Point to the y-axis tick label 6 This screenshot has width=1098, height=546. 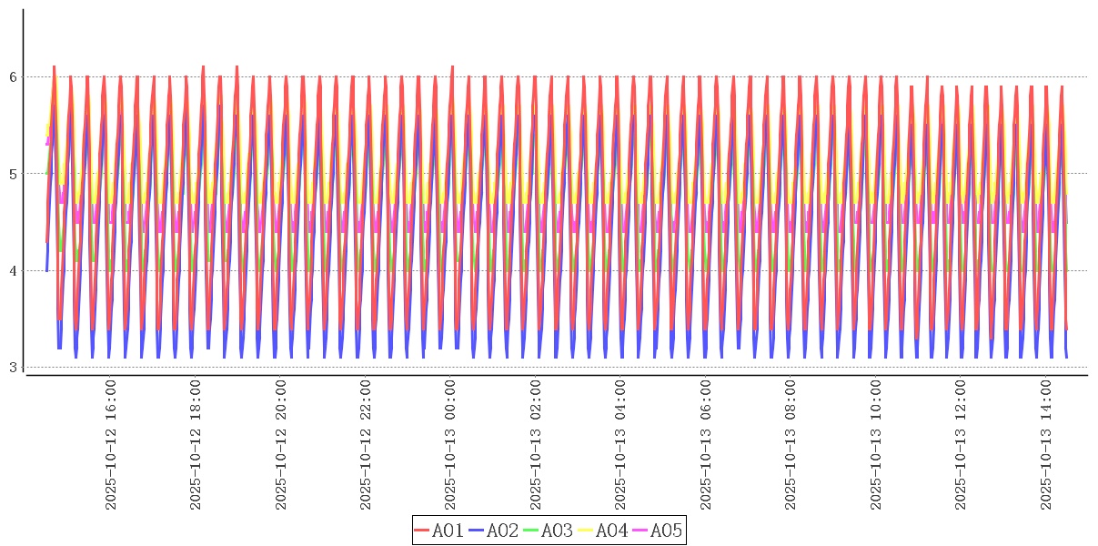pos(12,77)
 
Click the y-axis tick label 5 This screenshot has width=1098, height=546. pos(12,174)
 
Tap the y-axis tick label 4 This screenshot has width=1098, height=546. pos(12,271)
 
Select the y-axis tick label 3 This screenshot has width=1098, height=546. pos(12,368)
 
